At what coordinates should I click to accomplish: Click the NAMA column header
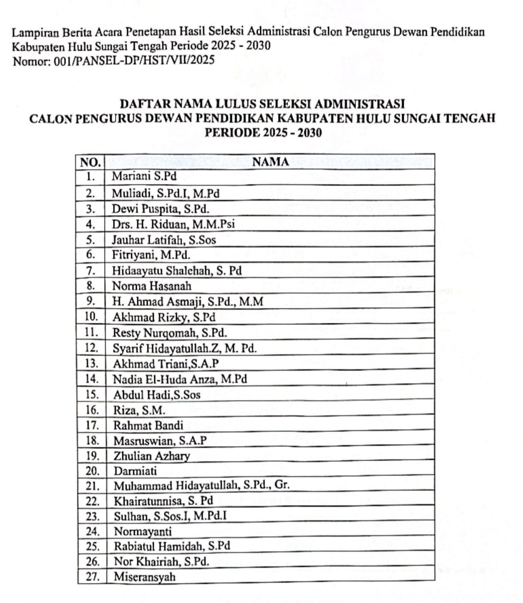[x=271, y=162]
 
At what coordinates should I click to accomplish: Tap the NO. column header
[x=90, y=162]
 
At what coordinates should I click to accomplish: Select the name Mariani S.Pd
[x=144, y=176]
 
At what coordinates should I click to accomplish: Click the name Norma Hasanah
[x=152, y=286]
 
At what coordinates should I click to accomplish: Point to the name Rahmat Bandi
[x=148, y=425]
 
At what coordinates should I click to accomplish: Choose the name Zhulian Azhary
[x=151, y=456]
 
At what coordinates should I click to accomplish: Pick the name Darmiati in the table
[x=135, y=471]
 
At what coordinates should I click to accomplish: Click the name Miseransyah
[x=144, y=576]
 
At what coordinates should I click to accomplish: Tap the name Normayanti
[x=142, y=531]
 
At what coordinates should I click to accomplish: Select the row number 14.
[x=92, y=379]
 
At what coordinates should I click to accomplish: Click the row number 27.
[x=93, y=576]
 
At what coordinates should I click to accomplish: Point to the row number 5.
[x=90, y=239]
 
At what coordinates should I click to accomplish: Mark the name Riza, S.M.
[x=139, y=410]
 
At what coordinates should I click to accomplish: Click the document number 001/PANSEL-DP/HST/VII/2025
[x=134, y=60]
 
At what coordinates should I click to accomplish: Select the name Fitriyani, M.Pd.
[x=151, y=255]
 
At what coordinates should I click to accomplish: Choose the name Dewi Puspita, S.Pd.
[x=160, y=209]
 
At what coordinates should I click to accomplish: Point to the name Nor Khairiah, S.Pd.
[x=161, y=561]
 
